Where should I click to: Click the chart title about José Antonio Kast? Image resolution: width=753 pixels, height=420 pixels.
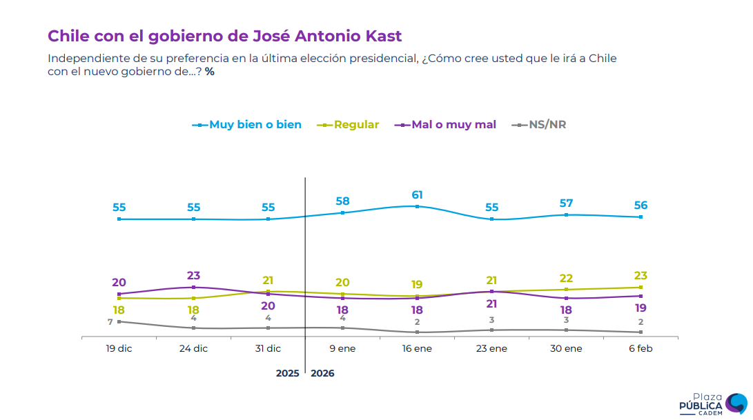(224, 36)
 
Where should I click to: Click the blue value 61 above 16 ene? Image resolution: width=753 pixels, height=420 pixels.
(417, 194)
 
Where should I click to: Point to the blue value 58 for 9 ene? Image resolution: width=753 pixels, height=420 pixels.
(342, 201)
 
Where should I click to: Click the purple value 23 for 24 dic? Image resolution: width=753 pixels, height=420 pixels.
(193, 276)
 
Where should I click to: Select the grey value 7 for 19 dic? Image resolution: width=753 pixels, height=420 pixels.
(110, 322)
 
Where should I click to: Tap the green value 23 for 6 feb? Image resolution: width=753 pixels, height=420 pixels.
(640, 276)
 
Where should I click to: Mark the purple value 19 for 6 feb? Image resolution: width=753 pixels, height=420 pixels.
(640, 308)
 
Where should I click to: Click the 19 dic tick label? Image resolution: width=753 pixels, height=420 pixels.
(119, 349)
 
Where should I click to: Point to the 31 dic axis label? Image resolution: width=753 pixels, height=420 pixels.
(268, 349)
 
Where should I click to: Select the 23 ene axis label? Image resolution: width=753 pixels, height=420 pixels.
(492, 349)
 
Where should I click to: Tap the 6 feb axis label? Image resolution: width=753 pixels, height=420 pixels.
(640, 349)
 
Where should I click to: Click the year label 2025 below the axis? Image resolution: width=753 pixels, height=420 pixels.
(287, 373)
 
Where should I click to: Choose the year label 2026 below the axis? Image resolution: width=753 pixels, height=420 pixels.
(323, 373)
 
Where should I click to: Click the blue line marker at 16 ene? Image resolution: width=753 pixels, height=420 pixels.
(417, 206)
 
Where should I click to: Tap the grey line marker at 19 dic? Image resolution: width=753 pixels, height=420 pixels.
(119, 321)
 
